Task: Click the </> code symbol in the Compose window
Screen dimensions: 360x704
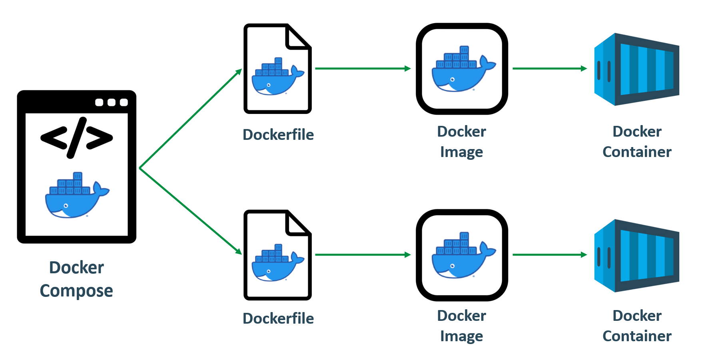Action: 76,137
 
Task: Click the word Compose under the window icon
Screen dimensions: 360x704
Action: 76,290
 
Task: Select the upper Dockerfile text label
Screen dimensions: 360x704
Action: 278,135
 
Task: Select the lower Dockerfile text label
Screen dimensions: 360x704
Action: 278,318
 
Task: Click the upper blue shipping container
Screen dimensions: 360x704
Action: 636,69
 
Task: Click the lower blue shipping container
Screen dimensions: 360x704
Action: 636,255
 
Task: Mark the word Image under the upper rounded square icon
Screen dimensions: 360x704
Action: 461,152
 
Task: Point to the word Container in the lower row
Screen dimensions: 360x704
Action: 637,336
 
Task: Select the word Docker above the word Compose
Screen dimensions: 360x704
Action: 76,267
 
